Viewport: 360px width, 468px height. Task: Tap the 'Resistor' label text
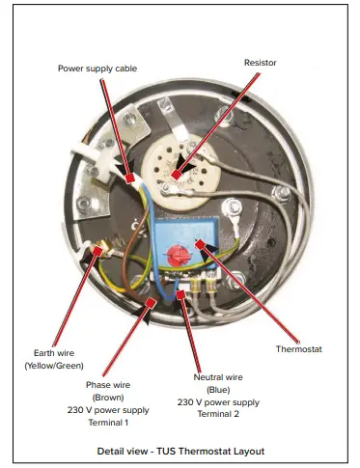coord(260,62)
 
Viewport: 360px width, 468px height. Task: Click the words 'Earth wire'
coord(54,352)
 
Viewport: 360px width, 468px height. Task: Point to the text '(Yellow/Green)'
coord(54,366)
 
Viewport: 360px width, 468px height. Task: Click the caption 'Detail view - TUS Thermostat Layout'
coord(180,451)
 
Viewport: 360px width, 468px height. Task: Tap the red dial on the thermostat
coord(177,256)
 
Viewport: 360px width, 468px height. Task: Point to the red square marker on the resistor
coord(175,174)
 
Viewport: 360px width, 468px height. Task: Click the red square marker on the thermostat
coord(200,244)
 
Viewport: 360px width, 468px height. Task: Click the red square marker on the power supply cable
coord(130,179)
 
